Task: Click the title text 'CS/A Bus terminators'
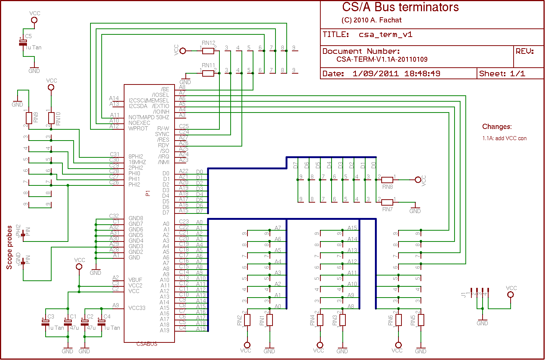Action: [400, 7]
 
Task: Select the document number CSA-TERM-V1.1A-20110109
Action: [382, 59]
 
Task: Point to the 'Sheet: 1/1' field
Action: [502, 74]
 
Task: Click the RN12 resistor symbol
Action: [208, 51]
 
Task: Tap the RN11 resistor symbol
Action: [208, 73]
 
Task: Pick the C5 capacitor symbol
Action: [23, 42]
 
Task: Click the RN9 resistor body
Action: [29, 119]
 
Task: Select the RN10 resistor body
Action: [51, 119]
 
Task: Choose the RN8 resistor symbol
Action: [387, 180]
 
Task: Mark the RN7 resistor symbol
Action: [387, 202]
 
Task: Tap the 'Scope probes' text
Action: [9, 247]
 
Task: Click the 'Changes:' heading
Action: [497, 127]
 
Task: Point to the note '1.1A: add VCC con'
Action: [504, 138]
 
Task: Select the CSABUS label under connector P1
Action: [147, 344]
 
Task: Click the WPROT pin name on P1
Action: [138, 129]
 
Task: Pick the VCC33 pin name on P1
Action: [137, 308]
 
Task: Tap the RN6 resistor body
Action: [398, 320]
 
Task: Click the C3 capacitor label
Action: [51, 317]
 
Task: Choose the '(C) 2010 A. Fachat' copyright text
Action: [371, 20]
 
